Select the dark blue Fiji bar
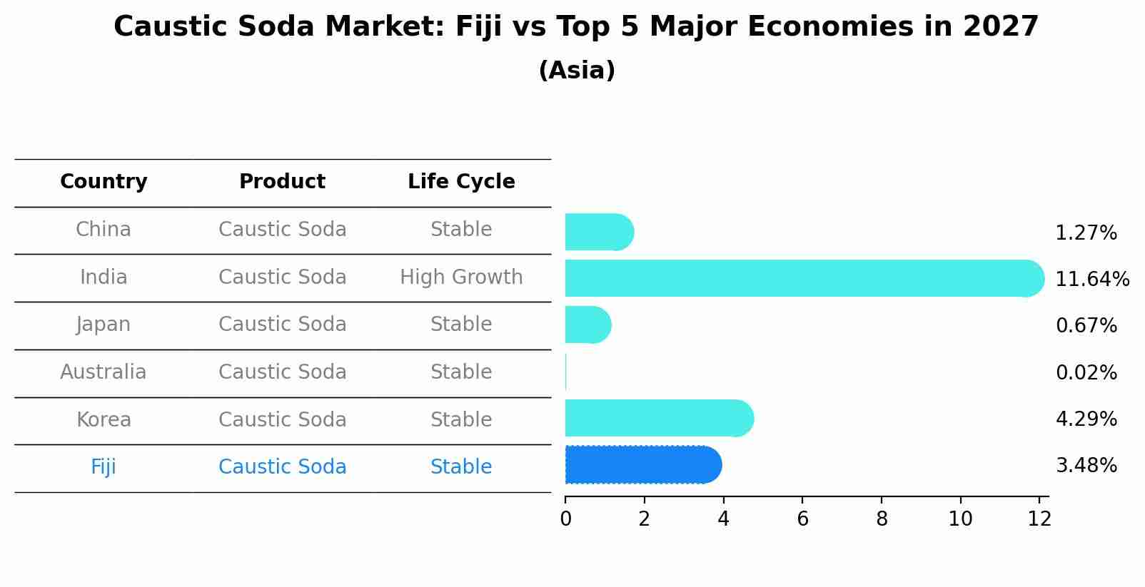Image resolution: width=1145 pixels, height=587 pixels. [642, 465]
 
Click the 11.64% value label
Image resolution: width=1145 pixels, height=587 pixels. [1091, 279]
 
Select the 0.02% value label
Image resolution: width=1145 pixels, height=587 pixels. [1086, 372]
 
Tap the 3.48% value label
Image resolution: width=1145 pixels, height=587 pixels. [1086, 466]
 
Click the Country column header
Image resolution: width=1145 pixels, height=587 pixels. [104, 182]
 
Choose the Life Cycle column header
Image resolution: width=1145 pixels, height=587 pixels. [461, 182]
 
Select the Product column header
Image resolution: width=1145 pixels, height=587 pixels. [282, 182]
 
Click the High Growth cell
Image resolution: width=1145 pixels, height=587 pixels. [461, 277]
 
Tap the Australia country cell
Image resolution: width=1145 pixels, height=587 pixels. [104, 372]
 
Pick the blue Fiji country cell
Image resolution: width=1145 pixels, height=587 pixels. [104, 467]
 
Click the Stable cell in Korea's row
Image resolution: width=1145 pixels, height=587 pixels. [461, 420]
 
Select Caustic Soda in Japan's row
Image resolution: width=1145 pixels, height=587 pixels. [282, 325]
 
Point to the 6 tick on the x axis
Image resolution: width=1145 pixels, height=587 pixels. [802, 519]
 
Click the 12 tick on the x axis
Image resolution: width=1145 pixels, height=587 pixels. [1039, 519]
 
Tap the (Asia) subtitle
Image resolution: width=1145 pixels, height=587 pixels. [576, 71]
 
